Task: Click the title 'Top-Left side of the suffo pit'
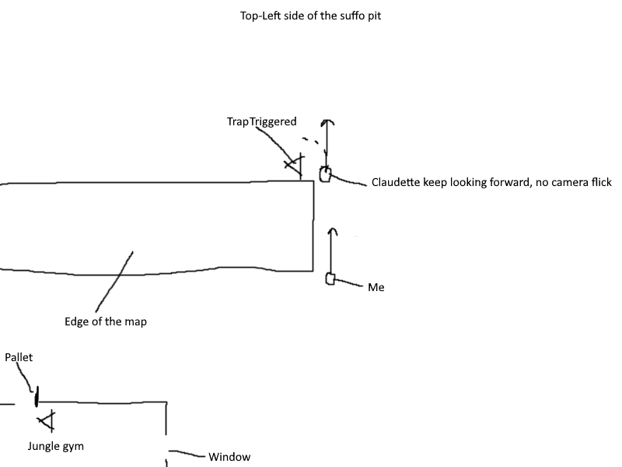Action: coord(311,15)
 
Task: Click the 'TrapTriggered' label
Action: coord(261,121)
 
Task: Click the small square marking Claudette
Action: coord(325,174)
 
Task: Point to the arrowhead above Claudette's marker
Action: coord(327,123)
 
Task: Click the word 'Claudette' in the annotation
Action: coord(396,183)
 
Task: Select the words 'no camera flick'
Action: coord(573,183)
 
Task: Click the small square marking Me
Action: coord(330,279)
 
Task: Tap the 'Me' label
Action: coord(376,288)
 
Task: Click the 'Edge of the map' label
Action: coord(106,321)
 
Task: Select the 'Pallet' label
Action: coord(19,357)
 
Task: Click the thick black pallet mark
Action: coord(36,399)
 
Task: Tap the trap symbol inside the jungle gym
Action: coord(48,421)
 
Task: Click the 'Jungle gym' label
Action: coord(56,447)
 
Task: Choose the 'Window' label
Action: coord(229,457)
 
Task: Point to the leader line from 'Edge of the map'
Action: coord(114,280)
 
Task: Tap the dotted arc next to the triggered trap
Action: coord(311,142)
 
